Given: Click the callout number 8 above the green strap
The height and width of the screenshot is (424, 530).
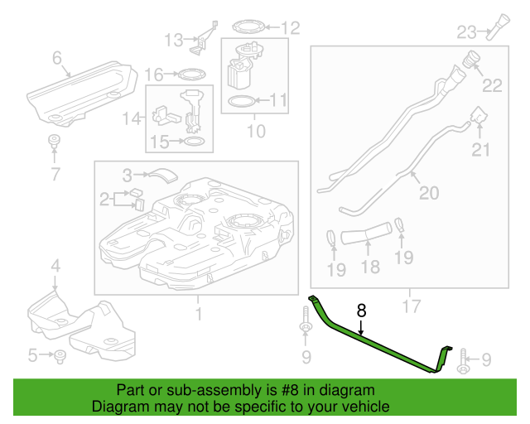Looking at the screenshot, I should pos(361,311).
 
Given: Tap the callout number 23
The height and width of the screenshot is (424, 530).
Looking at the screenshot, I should pos(466,32).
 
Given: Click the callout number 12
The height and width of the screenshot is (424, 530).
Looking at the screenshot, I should pos(289,28).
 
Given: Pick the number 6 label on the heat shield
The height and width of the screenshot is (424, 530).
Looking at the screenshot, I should pos(57,58).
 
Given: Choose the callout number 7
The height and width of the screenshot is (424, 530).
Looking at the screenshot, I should pos(55,174).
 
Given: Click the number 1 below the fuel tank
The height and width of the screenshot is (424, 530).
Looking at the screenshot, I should pos(198,313).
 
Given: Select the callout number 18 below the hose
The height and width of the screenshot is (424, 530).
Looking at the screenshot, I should pos(369,267).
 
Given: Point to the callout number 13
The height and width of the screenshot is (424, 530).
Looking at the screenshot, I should pos(172,40).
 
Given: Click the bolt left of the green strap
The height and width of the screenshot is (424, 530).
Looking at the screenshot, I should pos(305,324).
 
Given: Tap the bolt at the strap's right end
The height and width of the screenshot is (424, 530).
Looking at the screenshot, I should pos(461,358).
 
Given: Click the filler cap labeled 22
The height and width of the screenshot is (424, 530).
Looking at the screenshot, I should pos(472,61).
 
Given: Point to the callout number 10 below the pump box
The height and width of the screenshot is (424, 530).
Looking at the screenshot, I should pos(256,131).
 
